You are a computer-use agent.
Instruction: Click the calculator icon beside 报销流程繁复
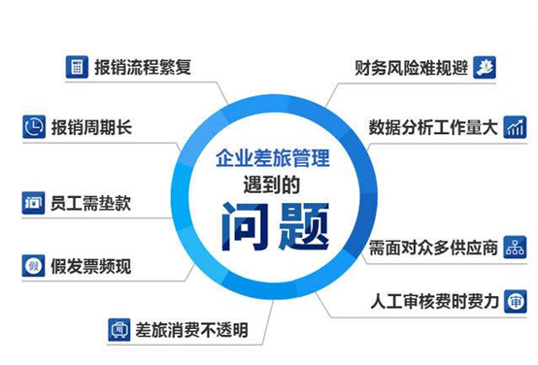77,67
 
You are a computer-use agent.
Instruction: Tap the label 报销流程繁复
143,67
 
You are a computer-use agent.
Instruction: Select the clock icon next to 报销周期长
34,127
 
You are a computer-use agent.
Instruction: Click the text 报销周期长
91,127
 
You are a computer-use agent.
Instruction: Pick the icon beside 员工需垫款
33,203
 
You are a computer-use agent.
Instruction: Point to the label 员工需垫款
90,203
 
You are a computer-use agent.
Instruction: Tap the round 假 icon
33,266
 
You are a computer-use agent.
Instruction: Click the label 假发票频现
91,267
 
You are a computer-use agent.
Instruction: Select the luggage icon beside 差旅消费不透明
119,330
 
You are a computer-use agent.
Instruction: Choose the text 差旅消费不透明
191,330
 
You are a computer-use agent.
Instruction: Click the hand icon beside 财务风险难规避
485,67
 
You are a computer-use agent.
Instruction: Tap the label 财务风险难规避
412,68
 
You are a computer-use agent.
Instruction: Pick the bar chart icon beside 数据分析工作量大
515,127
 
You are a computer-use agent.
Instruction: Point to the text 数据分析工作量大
433,127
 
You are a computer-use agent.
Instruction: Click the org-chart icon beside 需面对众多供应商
515,247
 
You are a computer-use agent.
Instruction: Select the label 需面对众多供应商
433,248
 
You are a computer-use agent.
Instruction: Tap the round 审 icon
516,302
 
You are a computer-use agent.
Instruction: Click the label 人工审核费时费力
434,302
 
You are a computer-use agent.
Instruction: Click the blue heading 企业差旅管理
273,158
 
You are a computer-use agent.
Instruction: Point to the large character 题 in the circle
303,226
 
